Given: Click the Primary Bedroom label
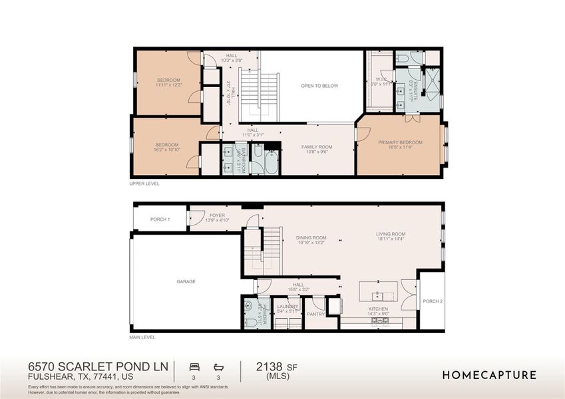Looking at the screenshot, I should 400,142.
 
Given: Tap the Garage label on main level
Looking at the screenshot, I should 186,281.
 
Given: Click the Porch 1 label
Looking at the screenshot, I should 159,219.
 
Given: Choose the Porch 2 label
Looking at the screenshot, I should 433,301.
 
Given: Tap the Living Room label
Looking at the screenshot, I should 390,234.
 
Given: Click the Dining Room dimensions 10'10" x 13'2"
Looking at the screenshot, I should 311,243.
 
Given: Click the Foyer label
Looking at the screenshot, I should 217,215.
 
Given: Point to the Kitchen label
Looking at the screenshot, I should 378,309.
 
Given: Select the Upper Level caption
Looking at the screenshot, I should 144,183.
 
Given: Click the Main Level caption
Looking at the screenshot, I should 142,337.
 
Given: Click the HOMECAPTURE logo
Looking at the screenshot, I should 489,375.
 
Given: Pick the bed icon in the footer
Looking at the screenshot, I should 194,366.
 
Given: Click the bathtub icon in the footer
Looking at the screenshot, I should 218,366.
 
